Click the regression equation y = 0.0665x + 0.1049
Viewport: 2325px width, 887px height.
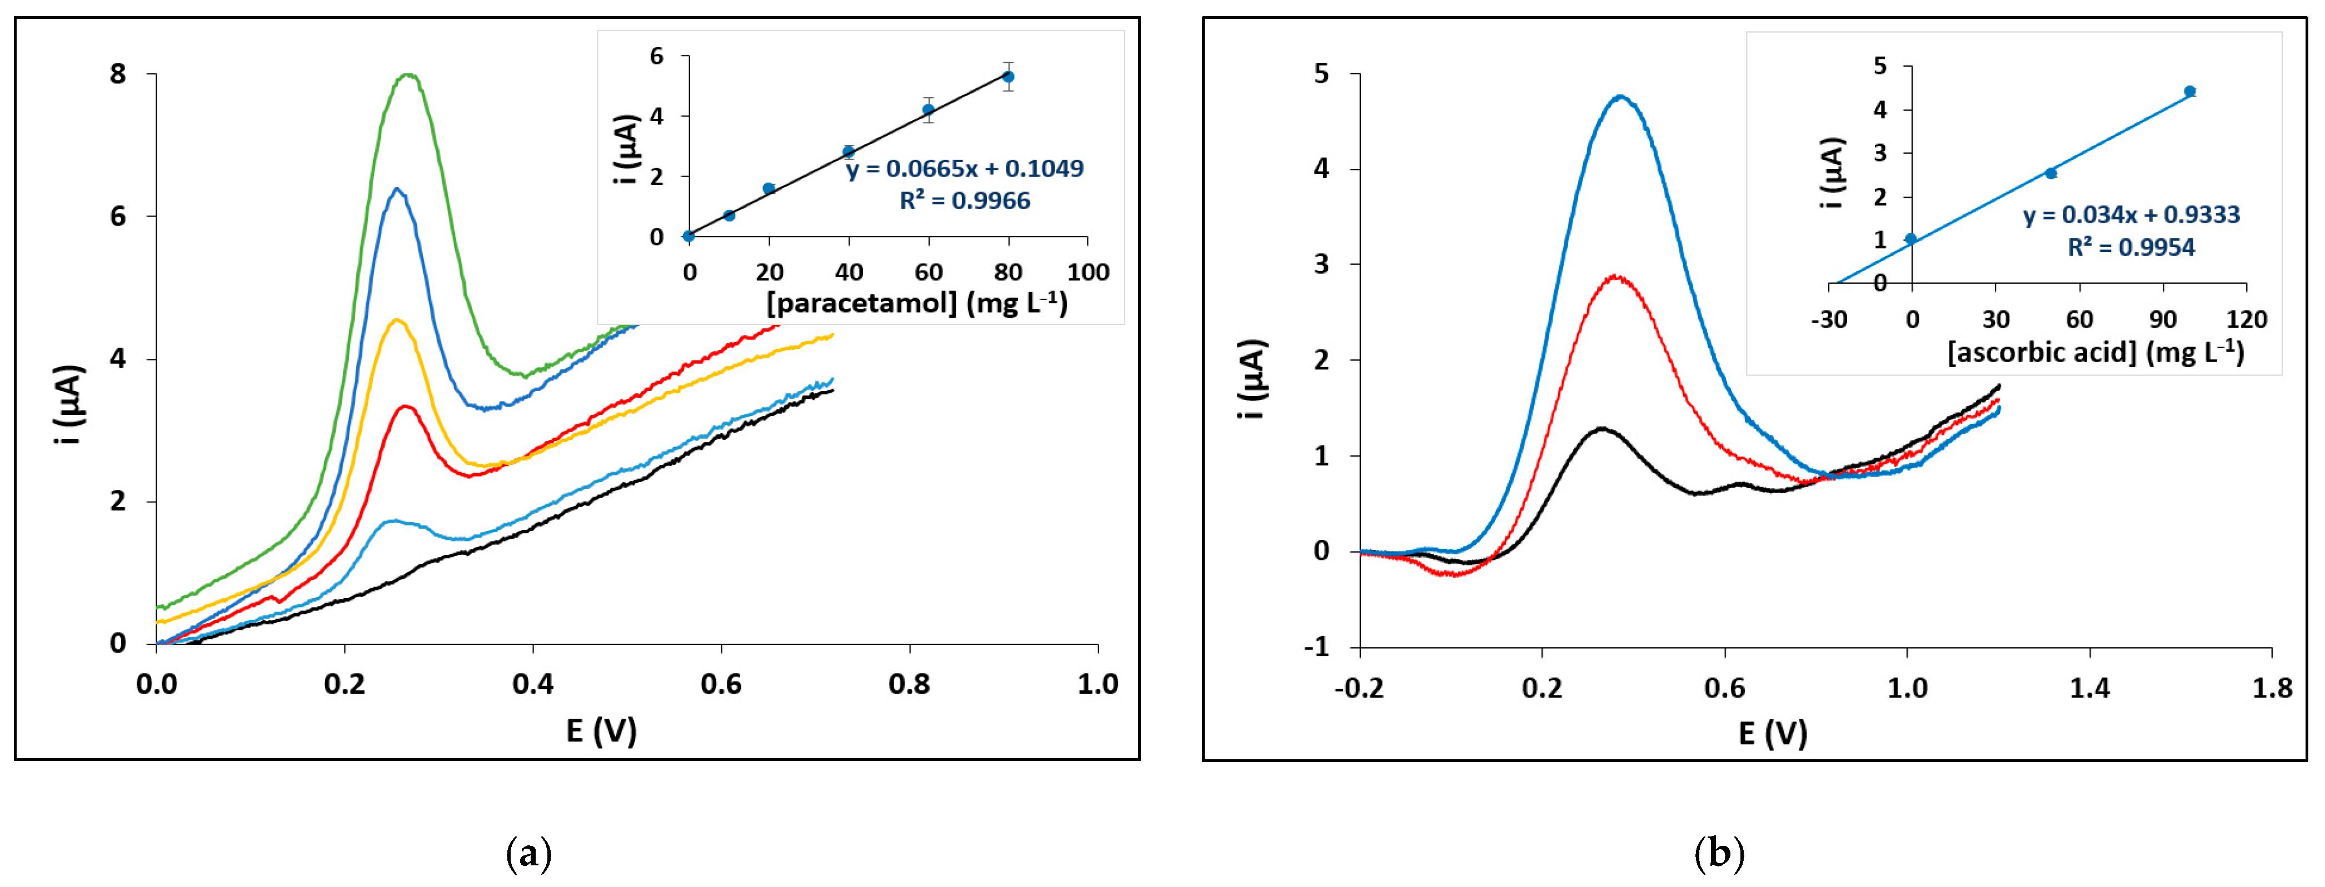pyautogui.click(x=964, y=169)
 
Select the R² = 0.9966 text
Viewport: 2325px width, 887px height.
pyautogui.click(x=964, y=201)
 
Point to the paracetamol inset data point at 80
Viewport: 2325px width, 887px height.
pyautogui.click(x=1008, y=77)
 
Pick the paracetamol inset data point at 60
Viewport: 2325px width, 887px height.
pyautogui.click(x=928, y=109)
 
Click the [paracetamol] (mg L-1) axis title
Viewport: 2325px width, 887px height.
pyautogui.click(x=917, y=303)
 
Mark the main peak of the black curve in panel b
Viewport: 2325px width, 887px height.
pyautogui.click(x=1602, y=429)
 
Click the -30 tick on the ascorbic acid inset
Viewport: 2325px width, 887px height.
pyautogui.click(x=1829, y=319)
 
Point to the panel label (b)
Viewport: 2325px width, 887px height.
pyautogui.click(x=1719, y=853)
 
